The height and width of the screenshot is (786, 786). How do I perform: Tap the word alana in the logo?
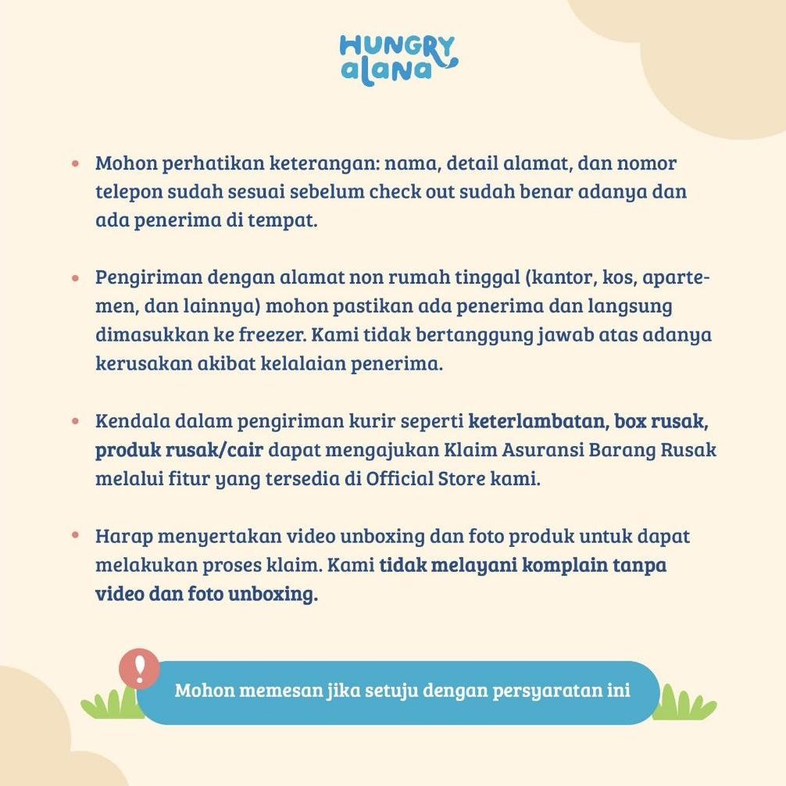tap(388, 71)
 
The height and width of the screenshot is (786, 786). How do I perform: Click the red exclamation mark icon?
tap(139, 669)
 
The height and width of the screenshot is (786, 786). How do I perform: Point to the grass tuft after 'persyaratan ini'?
tap(684, 703)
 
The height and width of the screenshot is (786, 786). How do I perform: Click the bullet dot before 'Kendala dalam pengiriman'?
tap(76, 422)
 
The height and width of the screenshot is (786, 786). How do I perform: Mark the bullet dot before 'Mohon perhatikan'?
tap(76, 165)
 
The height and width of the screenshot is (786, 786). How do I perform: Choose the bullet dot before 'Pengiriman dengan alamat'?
tap(76, 279)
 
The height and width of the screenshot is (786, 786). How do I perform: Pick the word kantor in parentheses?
tap(562, 279)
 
